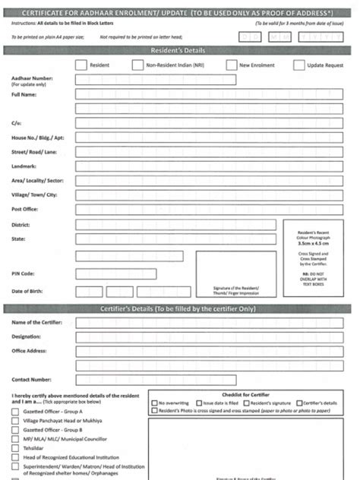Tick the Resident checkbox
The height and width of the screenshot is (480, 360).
click(x=81, y=65)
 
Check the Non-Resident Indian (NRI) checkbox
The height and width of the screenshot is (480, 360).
click(x=137, y=65)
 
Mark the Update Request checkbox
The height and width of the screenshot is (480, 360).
click(x=298, y=65)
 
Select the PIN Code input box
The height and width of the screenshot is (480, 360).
click(x=116, y=274)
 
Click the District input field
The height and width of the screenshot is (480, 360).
click(x=176, y=225)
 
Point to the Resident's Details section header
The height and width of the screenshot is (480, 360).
click(x=179, y=50)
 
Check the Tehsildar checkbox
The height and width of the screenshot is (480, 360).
click(x=16, y=448)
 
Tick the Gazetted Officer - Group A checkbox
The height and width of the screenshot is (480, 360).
click(x=16, y=411)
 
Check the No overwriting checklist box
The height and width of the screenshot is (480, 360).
click(x=155, y=403)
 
